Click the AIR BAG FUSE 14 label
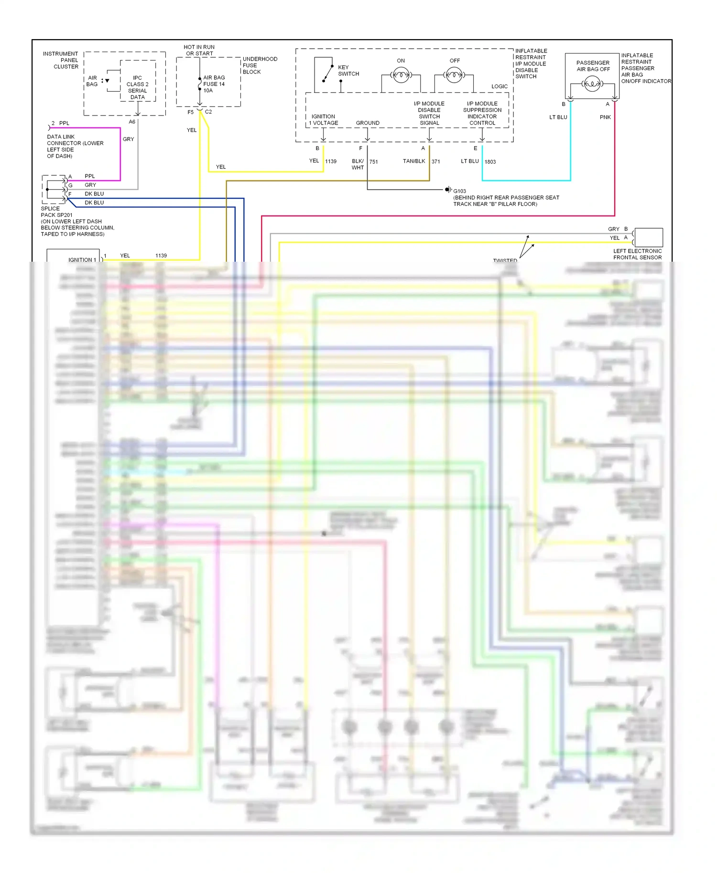(214, 84)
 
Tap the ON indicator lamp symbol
(401, 75)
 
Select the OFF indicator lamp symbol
(454, 75)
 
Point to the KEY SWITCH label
(348, 71)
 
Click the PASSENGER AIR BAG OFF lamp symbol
(592, 85)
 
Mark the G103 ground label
(459, 191)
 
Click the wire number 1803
(490, 162)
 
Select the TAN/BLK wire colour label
(413, 161)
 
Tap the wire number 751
(373, 162)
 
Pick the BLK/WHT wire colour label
(358, 164)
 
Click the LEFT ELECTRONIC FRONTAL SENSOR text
(637, 254)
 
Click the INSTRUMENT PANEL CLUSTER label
(61, 60)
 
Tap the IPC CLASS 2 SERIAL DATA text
(137, 87)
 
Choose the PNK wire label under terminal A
(605, 117)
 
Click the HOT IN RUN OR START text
(199, 50)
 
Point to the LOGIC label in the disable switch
(499, 86)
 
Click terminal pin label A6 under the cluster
(132, 122)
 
